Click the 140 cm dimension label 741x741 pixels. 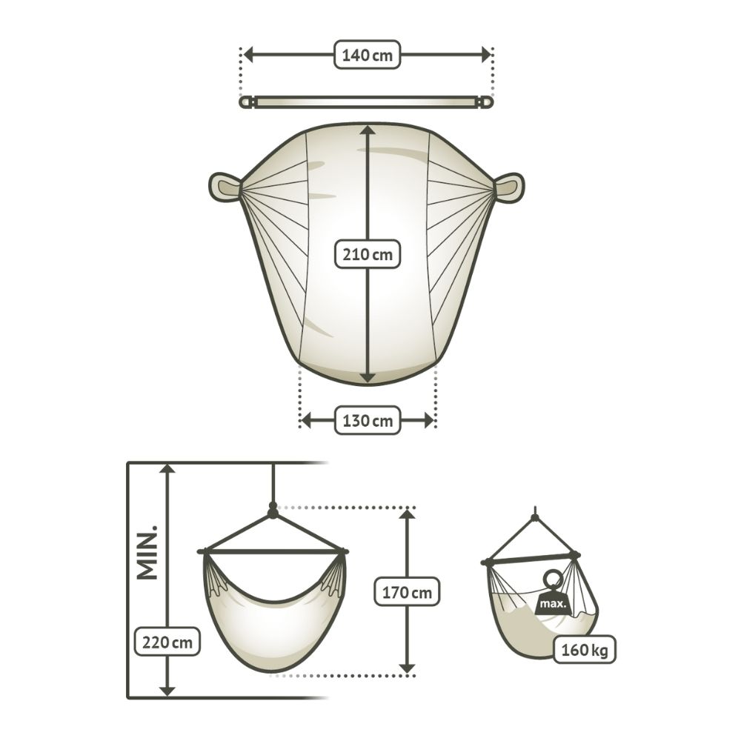pyautogui.click(x=368, y=55)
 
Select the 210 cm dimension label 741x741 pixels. pyautogui.click(x=368, y=254)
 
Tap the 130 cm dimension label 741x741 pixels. pyautogui.click(x=368, y=420)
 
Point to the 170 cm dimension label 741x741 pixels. pyautogui.click(x=407, y=591)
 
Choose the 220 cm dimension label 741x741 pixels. pyautogui.click(x=167, y=642)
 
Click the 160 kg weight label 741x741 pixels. pyautogui.click(x=584, y=650)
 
